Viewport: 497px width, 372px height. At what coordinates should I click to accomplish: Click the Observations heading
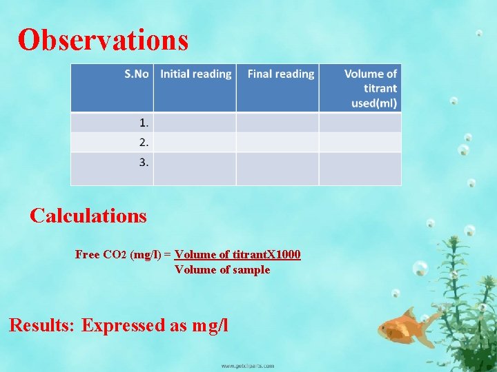coord(103,40)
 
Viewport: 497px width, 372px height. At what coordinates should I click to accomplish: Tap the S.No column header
coord(136,74)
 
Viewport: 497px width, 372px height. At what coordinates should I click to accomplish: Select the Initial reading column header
coord(195,74)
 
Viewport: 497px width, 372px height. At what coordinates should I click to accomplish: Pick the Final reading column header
coord(280,74)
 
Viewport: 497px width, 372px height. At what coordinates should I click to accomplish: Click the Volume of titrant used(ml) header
coord(370,88)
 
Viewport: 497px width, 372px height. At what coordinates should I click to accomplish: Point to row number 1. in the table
coord(144,123)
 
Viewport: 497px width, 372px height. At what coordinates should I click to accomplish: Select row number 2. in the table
coord(144,143)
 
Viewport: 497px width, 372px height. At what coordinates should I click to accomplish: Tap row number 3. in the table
coord(144,163)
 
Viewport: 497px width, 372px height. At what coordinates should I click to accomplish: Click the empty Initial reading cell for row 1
coord(195,123)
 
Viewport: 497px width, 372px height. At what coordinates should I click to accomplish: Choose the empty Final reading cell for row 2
coord(277,143)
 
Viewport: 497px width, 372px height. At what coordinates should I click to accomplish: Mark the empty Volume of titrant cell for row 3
coord(360,168)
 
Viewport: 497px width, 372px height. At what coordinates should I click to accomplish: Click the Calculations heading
coord(88,216)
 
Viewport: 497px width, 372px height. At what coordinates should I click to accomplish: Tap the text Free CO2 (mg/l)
coord(118,255)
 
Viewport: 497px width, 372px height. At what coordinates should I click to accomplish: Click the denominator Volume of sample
coord(222,269)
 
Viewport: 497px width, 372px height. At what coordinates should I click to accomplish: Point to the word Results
coord(41,324)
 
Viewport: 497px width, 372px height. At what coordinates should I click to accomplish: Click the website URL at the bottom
coord(247,366)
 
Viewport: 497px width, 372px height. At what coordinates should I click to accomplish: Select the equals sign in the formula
coord(168,255)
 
